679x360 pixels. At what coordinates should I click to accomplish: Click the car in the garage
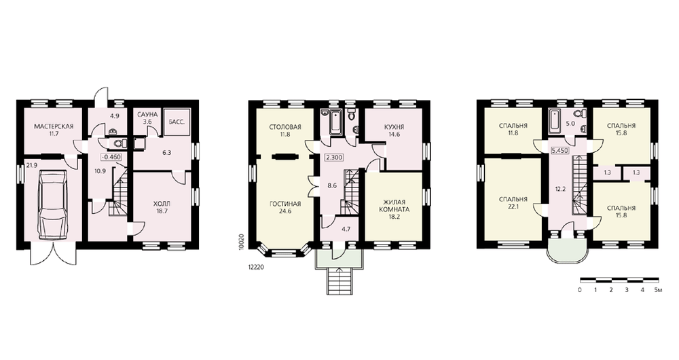tap(53, 204)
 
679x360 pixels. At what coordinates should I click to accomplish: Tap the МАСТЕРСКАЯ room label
tap(54, 126)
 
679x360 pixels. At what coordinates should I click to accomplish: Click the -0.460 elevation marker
tap(111, 157)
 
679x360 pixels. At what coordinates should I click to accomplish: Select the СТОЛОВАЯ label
tap(285, 127)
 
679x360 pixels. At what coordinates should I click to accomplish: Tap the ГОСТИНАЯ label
tap(285, 204)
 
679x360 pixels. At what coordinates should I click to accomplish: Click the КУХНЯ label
tap(394, 127)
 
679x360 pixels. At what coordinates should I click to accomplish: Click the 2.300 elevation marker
tap(334, 158)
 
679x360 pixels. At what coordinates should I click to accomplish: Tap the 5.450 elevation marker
tap(559, 151)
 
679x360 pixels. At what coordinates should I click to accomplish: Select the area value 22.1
tap(513, 206)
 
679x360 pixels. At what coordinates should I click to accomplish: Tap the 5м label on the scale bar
tap(657, 289)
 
